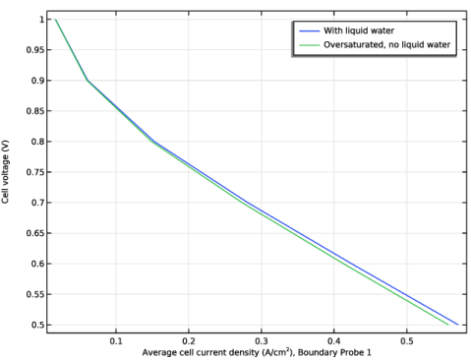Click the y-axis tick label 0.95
click(x=34, y=50)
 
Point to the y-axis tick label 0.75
click(x=34, y=172)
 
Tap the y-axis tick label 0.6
click(x=37, y=264)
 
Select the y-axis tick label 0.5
click(x=37, y=325)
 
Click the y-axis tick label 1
click(x=41, y=20)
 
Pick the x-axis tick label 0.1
click(x=116, y=341)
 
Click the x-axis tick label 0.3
click(x=262, y=341)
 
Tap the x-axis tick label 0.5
click(x=406, y=341)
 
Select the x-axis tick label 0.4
click(x=333, y=341)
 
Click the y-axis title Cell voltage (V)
click(x=5, y=172)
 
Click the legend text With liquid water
click(x=359, y=30)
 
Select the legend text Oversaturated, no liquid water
click(x=387, y=44)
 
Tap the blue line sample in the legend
click(x=309, y=31)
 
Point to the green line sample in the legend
click(x=309, y=45)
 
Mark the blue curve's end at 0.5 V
click(x=458, y=325)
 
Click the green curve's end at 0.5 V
click(x=448, y=325)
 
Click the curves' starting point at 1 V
click(x=55, y=20)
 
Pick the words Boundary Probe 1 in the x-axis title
click(x=334, y=353)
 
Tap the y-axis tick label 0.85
click(x=34, y=111)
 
